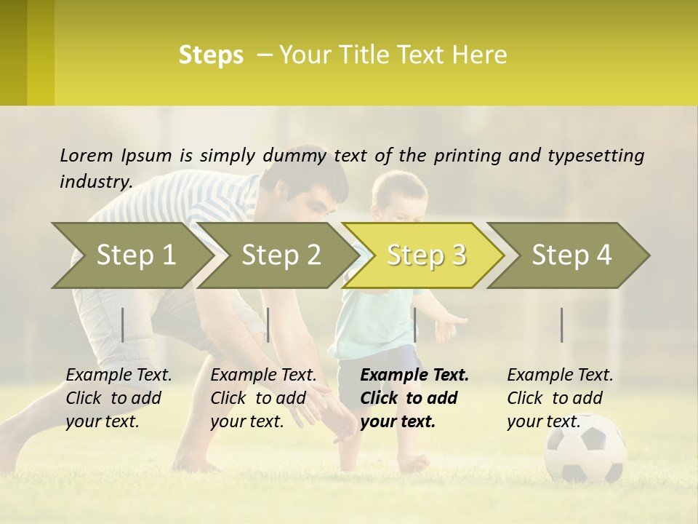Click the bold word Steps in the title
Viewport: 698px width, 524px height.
[x=211, y=55]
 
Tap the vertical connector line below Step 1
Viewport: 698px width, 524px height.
[x=123, y=325]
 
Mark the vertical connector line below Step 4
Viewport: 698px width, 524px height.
[x=562, y=325]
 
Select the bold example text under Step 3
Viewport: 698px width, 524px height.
[x=414, y=398]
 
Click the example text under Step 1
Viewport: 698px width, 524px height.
[x=119, y=398]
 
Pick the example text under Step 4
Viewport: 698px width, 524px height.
[x=560, y=398]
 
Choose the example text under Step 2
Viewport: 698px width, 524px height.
[x=263, y=398]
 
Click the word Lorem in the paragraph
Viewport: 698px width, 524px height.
[x=86, y=155]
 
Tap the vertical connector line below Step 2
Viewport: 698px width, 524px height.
[x=268, y=325]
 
